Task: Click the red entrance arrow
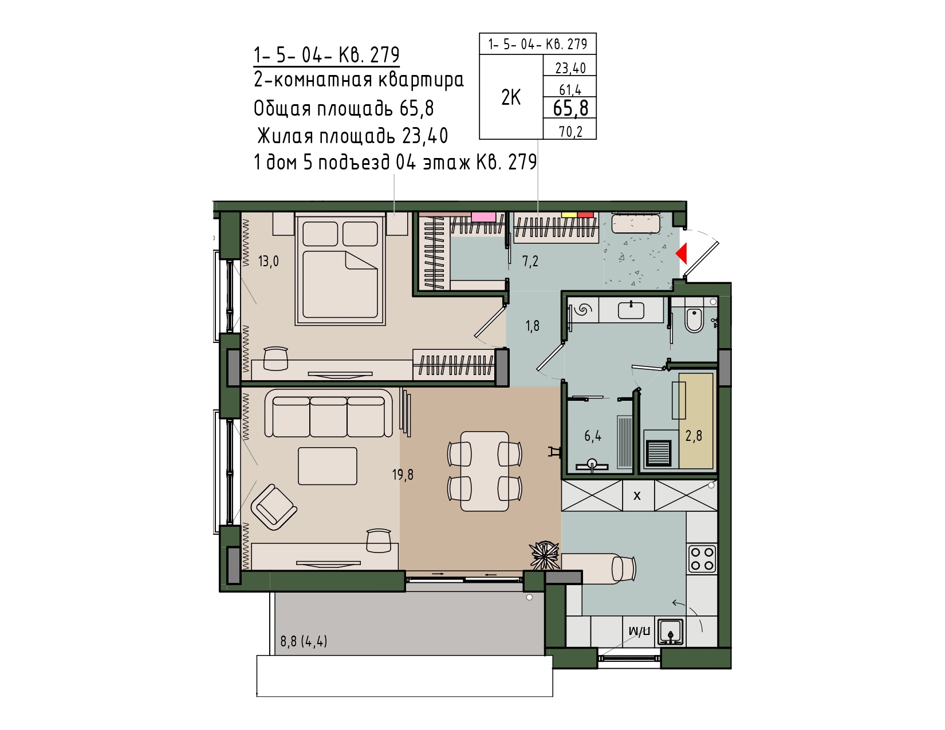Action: (682, 254)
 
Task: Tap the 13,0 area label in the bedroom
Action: (268, 261)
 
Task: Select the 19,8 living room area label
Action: (403, 475)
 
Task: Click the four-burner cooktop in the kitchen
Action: (702, 559)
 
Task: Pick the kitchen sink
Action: (671, 632)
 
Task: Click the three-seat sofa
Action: (328, 413)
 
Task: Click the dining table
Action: (485, 471)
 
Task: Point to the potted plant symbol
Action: (544, 555)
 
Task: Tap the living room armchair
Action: (274, 507)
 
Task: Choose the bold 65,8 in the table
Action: (570, 108)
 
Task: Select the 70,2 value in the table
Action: (570, 131)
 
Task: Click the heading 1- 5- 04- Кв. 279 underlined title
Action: (326, 55)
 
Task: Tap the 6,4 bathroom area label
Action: (593, 436)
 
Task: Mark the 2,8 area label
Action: (694, 436)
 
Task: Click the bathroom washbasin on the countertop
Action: (631, 310)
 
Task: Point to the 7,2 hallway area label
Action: (530, 261)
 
